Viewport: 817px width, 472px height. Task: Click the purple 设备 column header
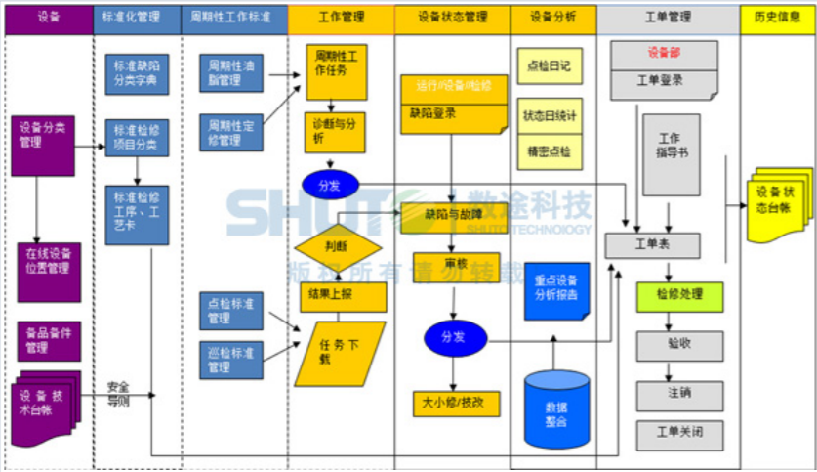(48, 17)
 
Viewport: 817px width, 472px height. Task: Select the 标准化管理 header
(138, 17)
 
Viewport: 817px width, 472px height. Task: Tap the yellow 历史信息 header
(778, 17)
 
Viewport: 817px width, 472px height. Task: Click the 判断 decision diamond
(338, 246)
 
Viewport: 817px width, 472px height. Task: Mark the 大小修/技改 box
(455, 402)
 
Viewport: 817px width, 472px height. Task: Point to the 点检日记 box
(548, 65)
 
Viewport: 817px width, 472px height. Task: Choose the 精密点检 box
(548, 151)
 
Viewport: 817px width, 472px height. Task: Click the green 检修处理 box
(680, 296)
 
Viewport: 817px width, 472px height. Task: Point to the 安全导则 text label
(118, 392)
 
